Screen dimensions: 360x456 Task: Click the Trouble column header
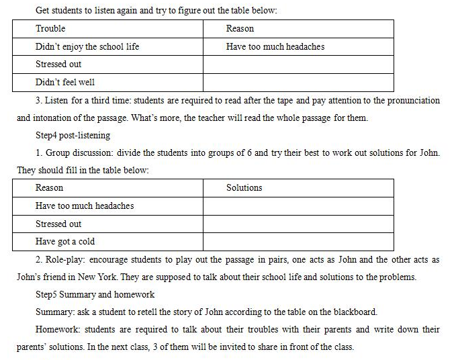[50, 29]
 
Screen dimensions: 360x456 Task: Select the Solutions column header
[244, 188]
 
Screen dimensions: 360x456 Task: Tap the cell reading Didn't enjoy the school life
[87, 47]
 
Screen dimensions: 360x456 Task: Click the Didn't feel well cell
[65, 83]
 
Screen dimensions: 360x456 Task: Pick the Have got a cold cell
[65, 242]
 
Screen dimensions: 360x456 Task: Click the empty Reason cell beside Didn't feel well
[298, 83]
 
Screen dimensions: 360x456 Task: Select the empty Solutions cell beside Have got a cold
[298, 242]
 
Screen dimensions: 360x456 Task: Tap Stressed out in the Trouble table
[58, 64]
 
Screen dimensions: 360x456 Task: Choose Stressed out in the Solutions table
[58, 224]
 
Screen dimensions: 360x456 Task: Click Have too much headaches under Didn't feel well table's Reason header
[275, 47]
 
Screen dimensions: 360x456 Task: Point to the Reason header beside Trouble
[240, 29]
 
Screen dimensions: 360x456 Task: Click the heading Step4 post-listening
[74, 135]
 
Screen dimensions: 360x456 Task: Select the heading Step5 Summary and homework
[95, 294]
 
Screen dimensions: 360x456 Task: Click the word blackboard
[357, 312]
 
